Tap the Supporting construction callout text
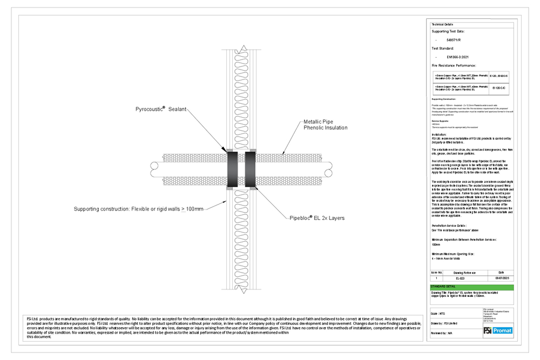tap(139, 208)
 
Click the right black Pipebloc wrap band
tap(250, 168)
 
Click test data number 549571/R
tap(455, 40)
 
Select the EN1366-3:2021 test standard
tap(458, 56)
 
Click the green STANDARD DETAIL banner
tap(471, 287)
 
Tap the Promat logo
tap(497, 330)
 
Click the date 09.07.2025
tap(502, 277)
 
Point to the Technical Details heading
tap(441, 25)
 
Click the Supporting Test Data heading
tap(448, 31)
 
